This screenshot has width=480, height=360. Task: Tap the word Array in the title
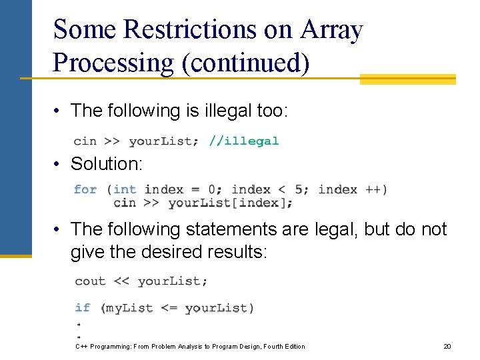coord(331,30)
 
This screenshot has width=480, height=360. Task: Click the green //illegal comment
coord(243,141)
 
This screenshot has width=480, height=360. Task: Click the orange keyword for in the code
coord(85,189)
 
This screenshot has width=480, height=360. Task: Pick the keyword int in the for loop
coord(125,189)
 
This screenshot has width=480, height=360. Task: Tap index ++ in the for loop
coord(351,189)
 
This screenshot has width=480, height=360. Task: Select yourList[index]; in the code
coord(230,203)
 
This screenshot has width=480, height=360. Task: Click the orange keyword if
coord(83,307)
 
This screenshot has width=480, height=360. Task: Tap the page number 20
coord(447,346)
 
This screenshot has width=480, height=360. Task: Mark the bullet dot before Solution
coord(59,164)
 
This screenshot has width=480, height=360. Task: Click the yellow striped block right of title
coord(407,79)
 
